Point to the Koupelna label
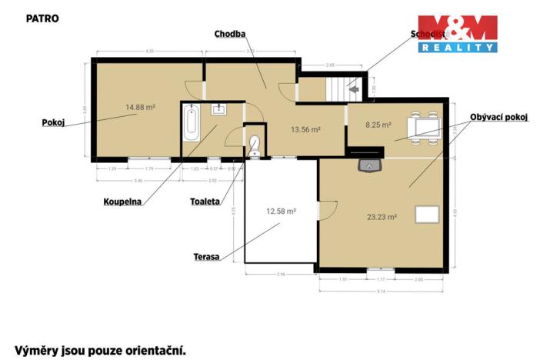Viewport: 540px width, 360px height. (122, 202)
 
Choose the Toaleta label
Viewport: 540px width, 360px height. (205, 202)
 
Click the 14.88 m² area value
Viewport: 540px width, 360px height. (141, 108)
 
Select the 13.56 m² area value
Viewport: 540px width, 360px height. (305, 130)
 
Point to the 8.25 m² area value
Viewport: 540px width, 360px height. (378, 123)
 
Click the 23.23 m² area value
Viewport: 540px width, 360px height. (382, 217)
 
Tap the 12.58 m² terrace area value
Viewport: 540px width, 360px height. (281, 210)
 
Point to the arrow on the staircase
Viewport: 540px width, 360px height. (354, 89)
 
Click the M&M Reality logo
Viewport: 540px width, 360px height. (457, 33)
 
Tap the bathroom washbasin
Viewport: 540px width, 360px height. (215, 109)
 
